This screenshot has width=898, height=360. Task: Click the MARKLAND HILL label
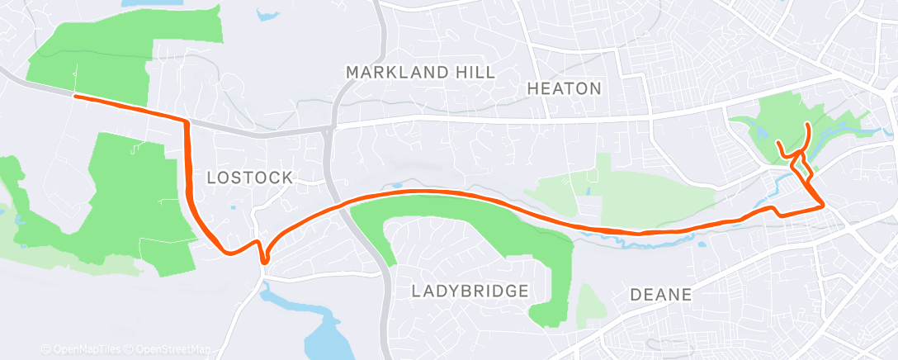[x=420, y=73]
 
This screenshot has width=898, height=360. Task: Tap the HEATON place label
[x=565, y=88]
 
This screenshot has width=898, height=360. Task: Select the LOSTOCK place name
[x=249, y=178]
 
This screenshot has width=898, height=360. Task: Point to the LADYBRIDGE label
[x=469, y=291]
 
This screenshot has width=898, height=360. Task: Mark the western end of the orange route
[x=76, y=97]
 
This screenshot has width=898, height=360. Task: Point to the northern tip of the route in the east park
[x=807, y=124]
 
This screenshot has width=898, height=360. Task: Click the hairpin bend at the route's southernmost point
[x=264, y=262]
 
